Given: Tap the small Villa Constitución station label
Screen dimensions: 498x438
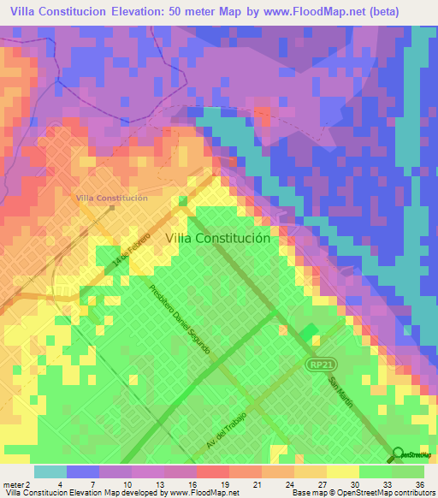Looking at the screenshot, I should pos(112,198).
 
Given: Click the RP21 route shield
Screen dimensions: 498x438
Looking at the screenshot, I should pos(318,365).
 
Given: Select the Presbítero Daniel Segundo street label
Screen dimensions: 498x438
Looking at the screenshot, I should pos(179,320).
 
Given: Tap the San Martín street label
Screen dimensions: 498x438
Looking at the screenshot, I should pos(340,391).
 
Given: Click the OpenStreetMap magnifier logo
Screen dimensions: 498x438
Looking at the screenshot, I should pos(398,454).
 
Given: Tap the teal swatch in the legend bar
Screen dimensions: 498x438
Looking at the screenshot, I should pos(50,471).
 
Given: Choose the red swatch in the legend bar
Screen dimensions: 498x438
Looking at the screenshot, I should pos(211,471).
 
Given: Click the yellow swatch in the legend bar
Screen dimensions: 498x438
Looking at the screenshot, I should pos(342,471).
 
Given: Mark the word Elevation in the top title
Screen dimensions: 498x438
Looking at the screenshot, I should pos(145,13).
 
